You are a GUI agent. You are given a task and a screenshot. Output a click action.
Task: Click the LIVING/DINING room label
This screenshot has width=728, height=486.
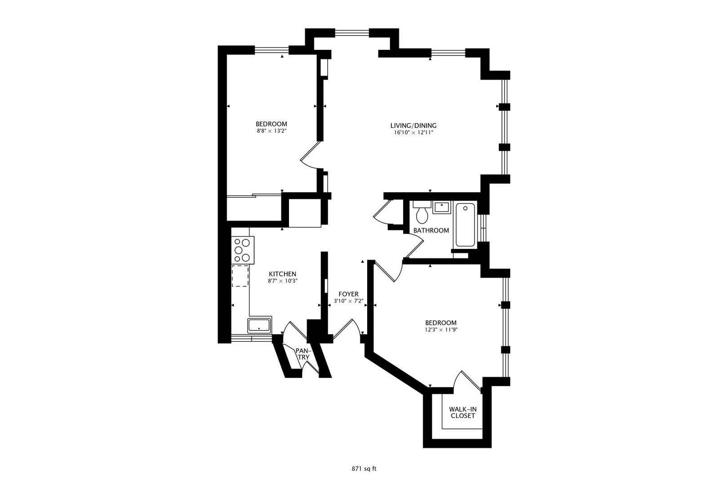[x=413, y=126]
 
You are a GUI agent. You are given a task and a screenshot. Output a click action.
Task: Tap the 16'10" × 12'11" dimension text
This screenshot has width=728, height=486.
[x=413, y=133]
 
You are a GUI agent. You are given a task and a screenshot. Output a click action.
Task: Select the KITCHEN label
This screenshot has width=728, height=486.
[x=282, y=274]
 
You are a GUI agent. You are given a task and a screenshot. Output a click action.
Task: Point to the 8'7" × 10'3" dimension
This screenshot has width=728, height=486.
[x=283, y=281]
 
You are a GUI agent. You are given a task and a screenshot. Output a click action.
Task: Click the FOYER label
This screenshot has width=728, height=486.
[x=348, y=294]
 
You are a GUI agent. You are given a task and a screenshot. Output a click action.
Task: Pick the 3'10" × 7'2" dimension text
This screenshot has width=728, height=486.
[x=348, y=301]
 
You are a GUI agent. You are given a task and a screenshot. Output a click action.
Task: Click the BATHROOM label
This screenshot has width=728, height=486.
[x=431, y=230]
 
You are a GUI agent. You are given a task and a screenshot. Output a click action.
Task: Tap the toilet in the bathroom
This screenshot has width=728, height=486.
[x=422, y=212]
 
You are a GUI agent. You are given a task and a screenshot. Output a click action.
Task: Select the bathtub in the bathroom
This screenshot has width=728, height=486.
[x=465, y=225]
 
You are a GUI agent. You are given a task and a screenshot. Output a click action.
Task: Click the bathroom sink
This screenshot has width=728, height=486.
[x=442, y=207]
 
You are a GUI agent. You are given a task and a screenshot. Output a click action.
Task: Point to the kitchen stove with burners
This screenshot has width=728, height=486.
[x=243, y=250]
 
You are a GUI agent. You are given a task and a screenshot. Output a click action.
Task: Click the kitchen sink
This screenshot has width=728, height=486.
[x=259, y=325]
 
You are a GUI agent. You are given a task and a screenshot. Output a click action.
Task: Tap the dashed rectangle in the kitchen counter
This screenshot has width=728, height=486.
[x=240, y=276]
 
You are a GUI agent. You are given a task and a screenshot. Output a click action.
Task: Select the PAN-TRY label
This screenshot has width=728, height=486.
[x=304, y=354]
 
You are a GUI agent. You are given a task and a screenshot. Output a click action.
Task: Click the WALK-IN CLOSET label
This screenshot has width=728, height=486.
[x=463, y=413]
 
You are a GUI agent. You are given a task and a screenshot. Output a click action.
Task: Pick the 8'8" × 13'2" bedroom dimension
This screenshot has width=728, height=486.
[x=271, y=131]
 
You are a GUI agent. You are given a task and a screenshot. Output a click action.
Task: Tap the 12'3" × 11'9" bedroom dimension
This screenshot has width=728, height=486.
[x=441, y=330]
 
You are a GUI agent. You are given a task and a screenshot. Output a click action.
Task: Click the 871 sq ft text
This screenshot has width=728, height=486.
[x=364, y=469]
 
